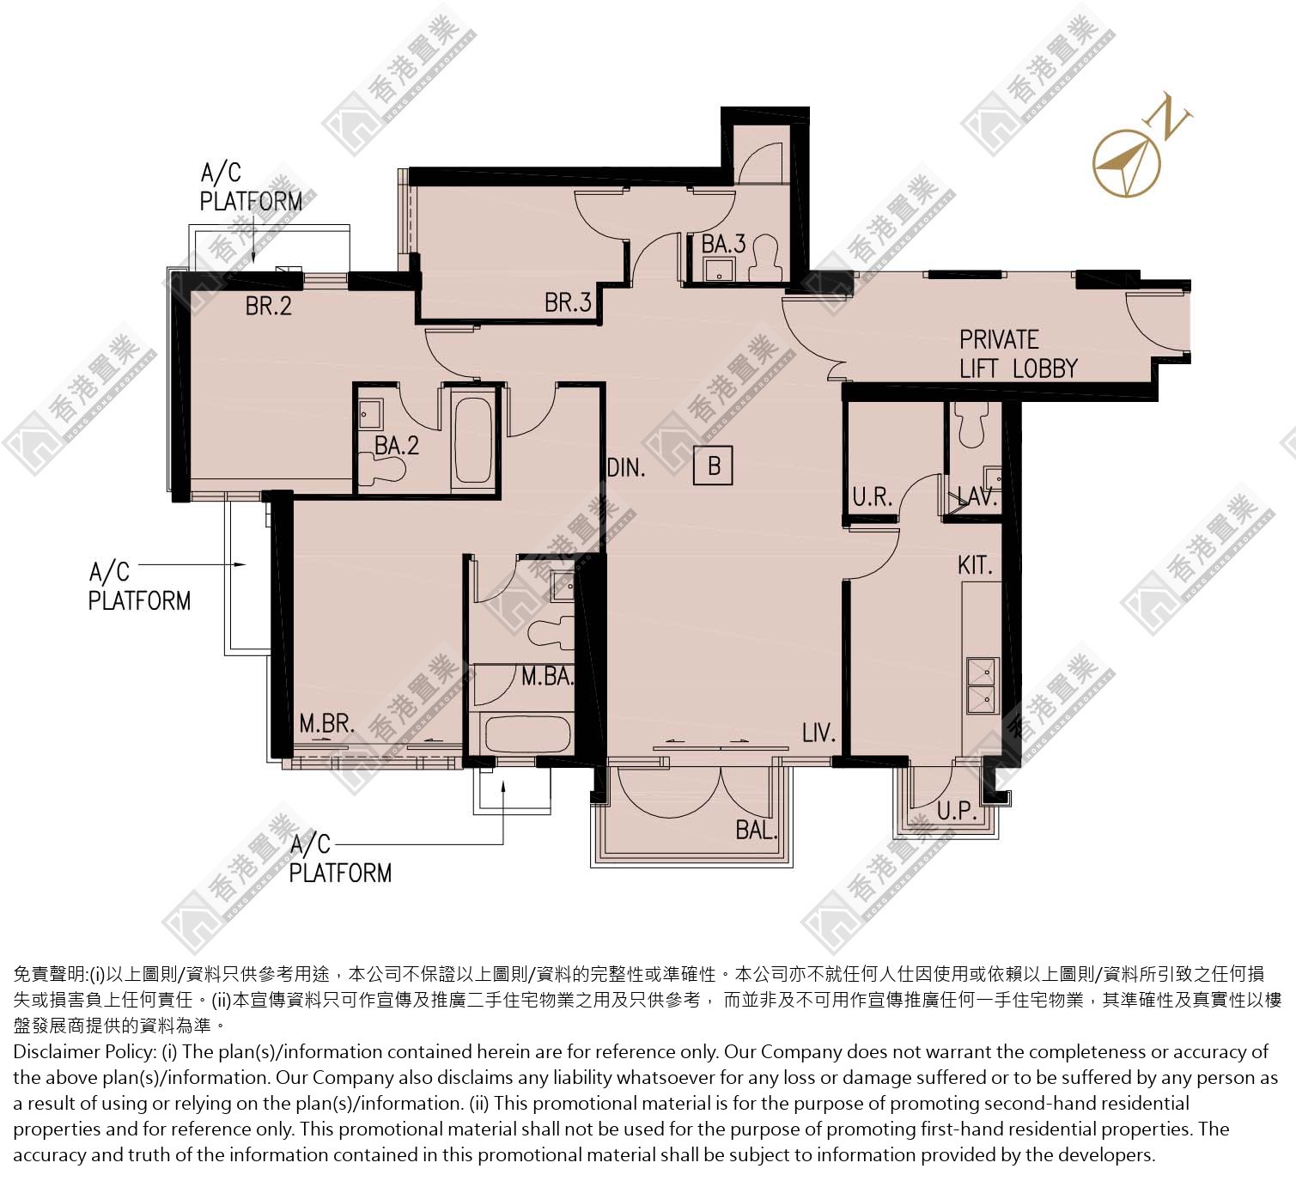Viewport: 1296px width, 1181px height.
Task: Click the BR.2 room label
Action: tap(268, 306)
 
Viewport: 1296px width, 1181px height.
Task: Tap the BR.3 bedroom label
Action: tap(567, 302)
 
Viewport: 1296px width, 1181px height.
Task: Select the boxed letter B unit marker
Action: tap(713, 466)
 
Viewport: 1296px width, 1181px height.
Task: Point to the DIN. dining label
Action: tap(626, 468)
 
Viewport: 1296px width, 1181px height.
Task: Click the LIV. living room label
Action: tap(818, 733)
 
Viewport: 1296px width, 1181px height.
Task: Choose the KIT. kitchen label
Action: tap(975, 566)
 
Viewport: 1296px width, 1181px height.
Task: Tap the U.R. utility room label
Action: tap(873, 497)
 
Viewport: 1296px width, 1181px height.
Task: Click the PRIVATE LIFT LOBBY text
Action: tap(1019, 354)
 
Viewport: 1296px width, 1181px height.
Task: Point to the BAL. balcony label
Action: tap(756, 830)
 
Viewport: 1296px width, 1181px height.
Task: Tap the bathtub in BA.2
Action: tap(473, 439)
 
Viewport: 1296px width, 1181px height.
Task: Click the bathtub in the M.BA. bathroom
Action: tap(527, 733)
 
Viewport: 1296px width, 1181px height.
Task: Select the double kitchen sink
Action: tap(983, 685)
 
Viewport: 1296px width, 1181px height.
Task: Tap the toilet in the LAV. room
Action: tap(971, 424)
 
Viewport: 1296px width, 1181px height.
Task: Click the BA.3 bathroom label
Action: tap(724, 244)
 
